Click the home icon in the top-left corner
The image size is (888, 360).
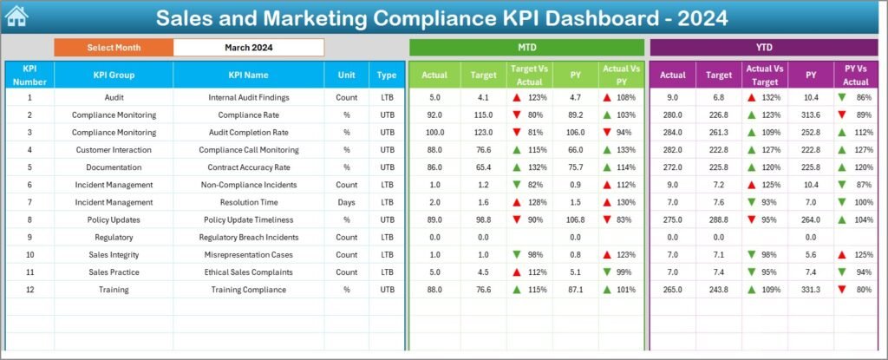pos(17,16)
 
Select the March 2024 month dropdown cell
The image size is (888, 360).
pos(249,47)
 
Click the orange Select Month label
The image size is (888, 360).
pos(114,47)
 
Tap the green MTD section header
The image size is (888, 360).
pos(526,47)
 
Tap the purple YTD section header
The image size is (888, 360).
pos(763,47)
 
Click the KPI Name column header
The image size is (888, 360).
pos(248,75)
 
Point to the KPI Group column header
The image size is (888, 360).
pos(114,75)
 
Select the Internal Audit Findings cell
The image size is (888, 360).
pos(248,97)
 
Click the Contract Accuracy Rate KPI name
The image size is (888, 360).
pos(248,167)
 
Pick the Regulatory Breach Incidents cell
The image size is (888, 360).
pos(248,237)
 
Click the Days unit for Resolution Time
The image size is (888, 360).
pos(346,202)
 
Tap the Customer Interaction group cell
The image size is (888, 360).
pos(114,149)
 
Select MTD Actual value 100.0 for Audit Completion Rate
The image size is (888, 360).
pos(434,132)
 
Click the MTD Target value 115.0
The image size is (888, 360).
pos(483,115)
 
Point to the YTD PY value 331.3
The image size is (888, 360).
pos(810,290)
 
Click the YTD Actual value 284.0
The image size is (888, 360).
pos(672,132)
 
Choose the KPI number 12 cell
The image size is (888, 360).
pos(29,290)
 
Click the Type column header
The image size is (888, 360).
pos(387,75)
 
